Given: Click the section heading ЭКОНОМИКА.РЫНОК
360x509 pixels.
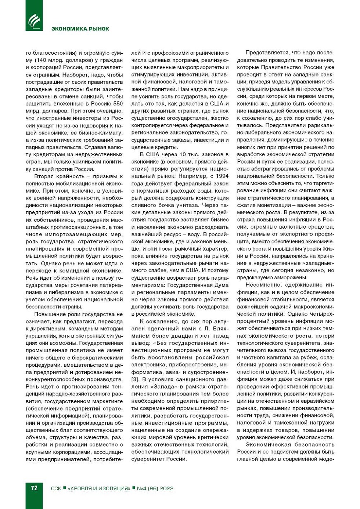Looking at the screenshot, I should coord(80,29).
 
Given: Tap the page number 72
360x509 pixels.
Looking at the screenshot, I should coord(34,488).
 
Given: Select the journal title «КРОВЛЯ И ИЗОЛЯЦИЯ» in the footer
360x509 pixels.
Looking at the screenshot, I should coord(99,488).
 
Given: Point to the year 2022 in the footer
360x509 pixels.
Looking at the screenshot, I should coord(166,488).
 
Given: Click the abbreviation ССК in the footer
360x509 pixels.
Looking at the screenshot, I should coord(56,488).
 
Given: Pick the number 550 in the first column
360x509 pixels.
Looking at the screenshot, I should coord(118,104).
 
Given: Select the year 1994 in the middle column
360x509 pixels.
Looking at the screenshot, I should coord(222,176).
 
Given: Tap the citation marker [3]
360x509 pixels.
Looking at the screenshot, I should coord(135,379).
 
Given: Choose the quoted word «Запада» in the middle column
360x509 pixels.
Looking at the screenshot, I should coord(155,387).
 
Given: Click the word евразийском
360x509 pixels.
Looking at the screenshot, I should coord(318,401).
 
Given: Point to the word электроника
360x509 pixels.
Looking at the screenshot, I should coord(147,365).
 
